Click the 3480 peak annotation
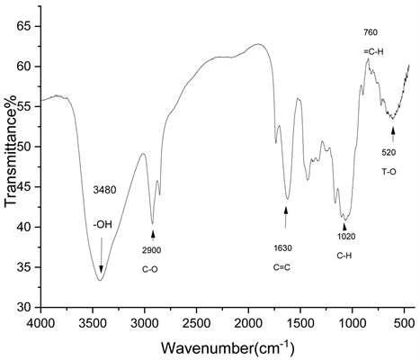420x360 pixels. coord(103,190)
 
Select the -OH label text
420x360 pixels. coord(103,224)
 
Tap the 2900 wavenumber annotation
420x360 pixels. coord(152,250)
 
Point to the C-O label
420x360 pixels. coord(150,270)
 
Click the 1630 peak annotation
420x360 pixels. coord(282,248)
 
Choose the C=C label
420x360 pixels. coord(281,267)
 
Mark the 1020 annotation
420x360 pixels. coord(346,237)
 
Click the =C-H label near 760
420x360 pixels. coord(373,51)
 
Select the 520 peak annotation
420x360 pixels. coord(389,152)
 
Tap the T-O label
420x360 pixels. coord(389,172)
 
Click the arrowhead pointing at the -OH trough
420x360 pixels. coord(102,270)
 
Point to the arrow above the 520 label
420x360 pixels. coord(393,134)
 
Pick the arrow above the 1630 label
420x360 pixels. coord(285,217)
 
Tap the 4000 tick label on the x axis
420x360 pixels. coord(41,325)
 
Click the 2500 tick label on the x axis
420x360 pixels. coord(197,325)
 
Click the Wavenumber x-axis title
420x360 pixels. coord(228,348)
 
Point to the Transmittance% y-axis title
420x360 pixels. coord(11,150)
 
